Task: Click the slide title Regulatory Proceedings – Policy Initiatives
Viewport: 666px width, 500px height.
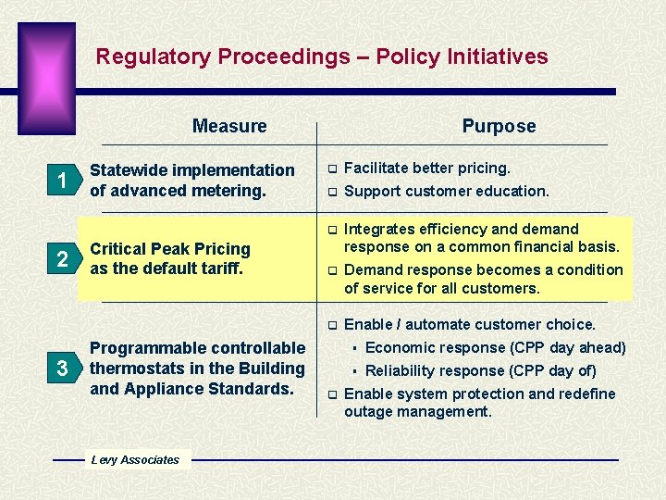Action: point(322,56)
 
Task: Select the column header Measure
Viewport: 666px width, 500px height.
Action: point(229,126)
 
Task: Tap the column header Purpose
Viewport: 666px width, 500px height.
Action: point(499,126)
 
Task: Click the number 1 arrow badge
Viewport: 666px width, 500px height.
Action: point(62,181)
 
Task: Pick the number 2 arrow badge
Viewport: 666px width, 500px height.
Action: point(62,259)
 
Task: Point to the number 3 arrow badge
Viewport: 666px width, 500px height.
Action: point(62,369)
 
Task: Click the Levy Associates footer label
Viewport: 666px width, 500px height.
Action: point(135,460)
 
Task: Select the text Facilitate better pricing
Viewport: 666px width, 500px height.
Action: point(426,169)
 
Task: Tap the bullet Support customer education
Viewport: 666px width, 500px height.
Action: point(446,191)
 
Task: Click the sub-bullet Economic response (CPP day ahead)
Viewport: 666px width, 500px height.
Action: point(495,348)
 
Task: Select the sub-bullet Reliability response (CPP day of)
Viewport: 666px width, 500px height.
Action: point(480,371)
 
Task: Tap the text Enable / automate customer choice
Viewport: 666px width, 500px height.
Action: point(469,324)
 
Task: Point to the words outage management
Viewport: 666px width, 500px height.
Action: point(417,411)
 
